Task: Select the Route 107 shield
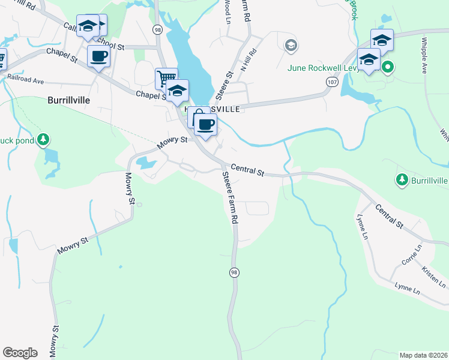331,81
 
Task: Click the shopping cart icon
166,78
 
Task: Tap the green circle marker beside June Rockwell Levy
388,67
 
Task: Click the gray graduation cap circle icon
291,45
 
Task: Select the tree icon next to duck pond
43,140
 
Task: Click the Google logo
20,353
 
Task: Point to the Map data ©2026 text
423,355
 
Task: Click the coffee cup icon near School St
98,56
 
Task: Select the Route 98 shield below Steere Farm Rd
235,272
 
